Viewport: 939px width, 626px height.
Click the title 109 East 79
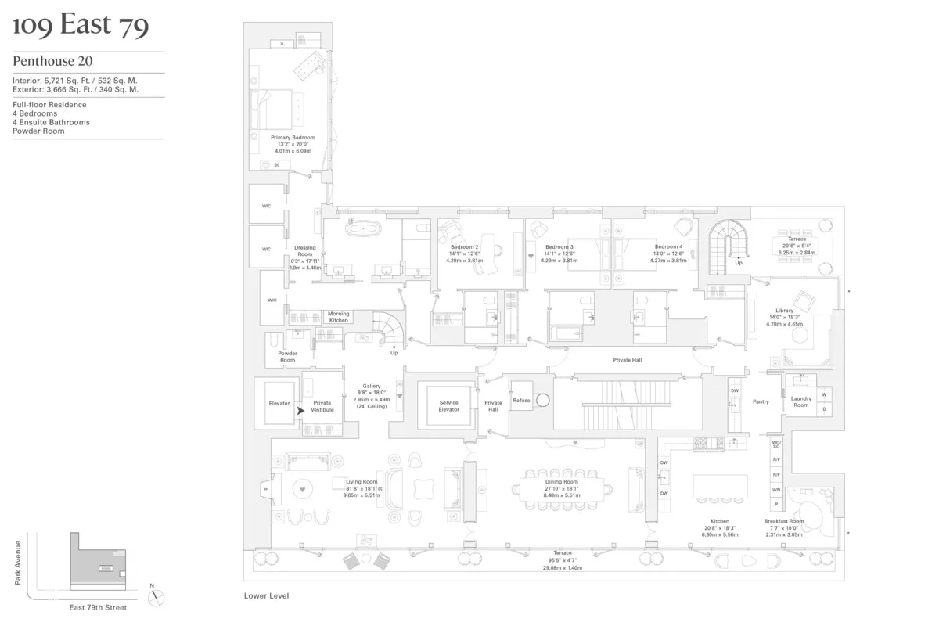click(81, 26)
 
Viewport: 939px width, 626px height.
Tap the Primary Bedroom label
click(293, 138)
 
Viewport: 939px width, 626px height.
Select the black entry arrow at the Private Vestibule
click(300, 409)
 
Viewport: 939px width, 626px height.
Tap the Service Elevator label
click(448, 406)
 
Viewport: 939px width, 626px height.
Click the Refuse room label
click(521, 401)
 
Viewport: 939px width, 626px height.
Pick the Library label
click(784, 311)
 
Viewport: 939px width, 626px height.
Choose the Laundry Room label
click(801, 401)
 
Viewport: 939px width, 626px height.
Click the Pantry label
click(761, 401)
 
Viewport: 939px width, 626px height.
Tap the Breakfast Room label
click(784, 521)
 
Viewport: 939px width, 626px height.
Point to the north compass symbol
click(157, 597)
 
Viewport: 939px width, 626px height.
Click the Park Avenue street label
click(17, 566)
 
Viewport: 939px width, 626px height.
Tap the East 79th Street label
click(97, 607)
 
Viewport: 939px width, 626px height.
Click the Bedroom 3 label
click(559, 247)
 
